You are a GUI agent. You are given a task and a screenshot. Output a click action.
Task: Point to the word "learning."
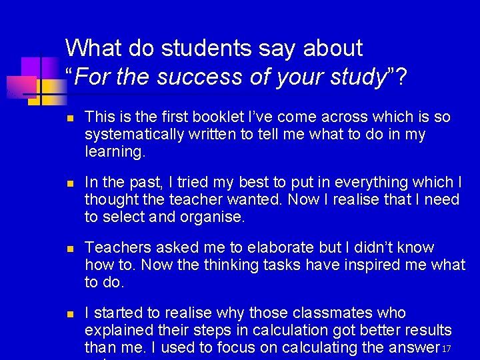tap(115, 152)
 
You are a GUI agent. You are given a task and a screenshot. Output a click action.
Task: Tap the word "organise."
tap(209, 217)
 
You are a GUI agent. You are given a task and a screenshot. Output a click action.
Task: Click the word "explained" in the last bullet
tap(117, 331)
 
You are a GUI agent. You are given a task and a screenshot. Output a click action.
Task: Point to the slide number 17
tap(447, 349)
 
